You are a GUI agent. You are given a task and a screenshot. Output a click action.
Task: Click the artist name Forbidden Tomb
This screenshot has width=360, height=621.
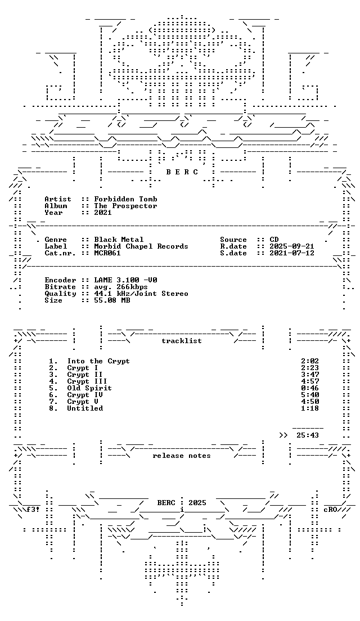[x=125, y=199]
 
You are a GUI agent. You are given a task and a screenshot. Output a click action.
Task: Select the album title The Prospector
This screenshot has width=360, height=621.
[x=125, y=205]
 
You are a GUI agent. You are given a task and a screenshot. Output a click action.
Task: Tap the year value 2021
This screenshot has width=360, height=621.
[x=103, y=212]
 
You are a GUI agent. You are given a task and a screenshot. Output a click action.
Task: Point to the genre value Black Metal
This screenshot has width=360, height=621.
[x=119, y=240]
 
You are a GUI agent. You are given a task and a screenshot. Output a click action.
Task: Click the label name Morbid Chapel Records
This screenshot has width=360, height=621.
[x=141, y=246]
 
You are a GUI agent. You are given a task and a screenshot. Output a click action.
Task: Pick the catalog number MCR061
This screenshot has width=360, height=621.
[x=107, y=253]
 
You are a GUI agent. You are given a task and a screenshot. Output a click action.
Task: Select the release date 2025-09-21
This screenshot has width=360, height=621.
[x=292, y=246]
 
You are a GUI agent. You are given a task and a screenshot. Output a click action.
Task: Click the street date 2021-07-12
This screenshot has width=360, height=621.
[x=292, y=253]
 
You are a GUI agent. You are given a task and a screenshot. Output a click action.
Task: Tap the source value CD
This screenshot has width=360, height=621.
[x=274, y=240]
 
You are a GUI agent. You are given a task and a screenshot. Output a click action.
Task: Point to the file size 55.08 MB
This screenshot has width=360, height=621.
[x=112, y=300]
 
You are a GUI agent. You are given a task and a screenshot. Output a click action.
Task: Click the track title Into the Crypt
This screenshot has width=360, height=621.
[x=98, y=361]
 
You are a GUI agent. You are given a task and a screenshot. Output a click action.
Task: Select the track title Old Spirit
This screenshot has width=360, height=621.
[x=89, y=388]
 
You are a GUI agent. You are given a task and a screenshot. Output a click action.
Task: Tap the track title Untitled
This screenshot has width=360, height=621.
[x=85, y=408]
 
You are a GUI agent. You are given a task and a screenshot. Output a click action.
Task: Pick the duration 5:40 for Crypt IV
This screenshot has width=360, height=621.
[x=310, y=395]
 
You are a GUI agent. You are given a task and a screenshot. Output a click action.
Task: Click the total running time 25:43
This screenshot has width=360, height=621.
[x=308, y=435]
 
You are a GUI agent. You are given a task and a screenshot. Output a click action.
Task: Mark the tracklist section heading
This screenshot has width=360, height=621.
[x=182, y=341]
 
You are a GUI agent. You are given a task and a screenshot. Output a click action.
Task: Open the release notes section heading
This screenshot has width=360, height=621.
[x=182, y=456]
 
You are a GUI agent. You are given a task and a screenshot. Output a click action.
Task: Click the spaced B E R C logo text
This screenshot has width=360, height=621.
[x=182, y=172]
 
